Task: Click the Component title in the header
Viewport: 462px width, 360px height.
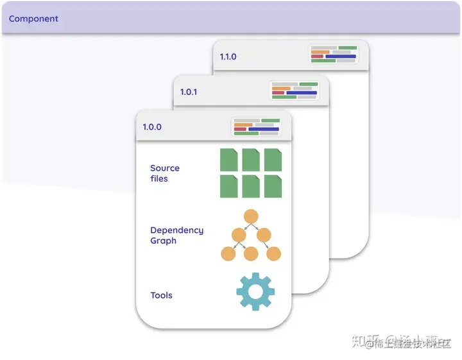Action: (33, 19)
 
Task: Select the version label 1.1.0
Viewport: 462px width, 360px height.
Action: (228, 56)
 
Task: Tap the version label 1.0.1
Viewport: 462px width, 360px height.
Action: (189, 92)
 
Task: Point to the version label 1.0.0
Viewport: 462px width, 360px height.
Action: (152, 127)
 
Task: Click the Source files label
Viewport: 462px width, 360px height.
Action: (165, 173)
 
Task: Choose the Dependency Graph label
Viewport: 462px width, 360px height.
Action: (176, 236)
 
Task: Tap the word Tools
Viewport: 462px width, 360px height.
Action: (161, 295)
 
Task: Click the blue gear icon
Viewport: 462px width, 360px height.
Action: (255, 292)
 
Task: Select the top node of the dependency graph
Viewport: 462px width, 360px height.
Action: (251, 216)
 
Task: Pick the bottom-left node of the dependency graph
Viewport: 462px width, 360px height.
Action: (228, 253)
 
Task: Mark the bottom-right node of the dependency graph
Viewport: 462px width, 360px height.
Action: (274, 253)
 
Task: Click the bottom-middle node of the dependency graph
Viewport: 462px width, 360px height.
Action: (251, 253)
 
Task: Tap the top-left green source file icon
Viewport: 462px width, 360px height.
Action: (229, 160)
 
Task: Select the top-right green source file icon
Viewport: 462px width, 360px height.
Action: (273, 160)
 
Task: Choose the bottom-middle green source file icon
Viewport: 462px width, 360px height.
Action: (251, 186)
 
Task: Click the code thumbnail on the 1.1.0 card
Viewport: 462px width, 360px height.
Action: (334, 54)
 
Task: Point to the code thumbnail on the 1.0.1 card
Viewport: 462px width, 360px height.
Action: (295, 89)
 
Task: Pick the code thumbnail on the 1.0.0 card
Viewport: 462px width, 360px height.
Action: (256, 126)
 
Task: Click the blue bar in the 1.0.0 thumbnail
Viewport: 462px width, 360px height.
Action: (264, 129)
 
